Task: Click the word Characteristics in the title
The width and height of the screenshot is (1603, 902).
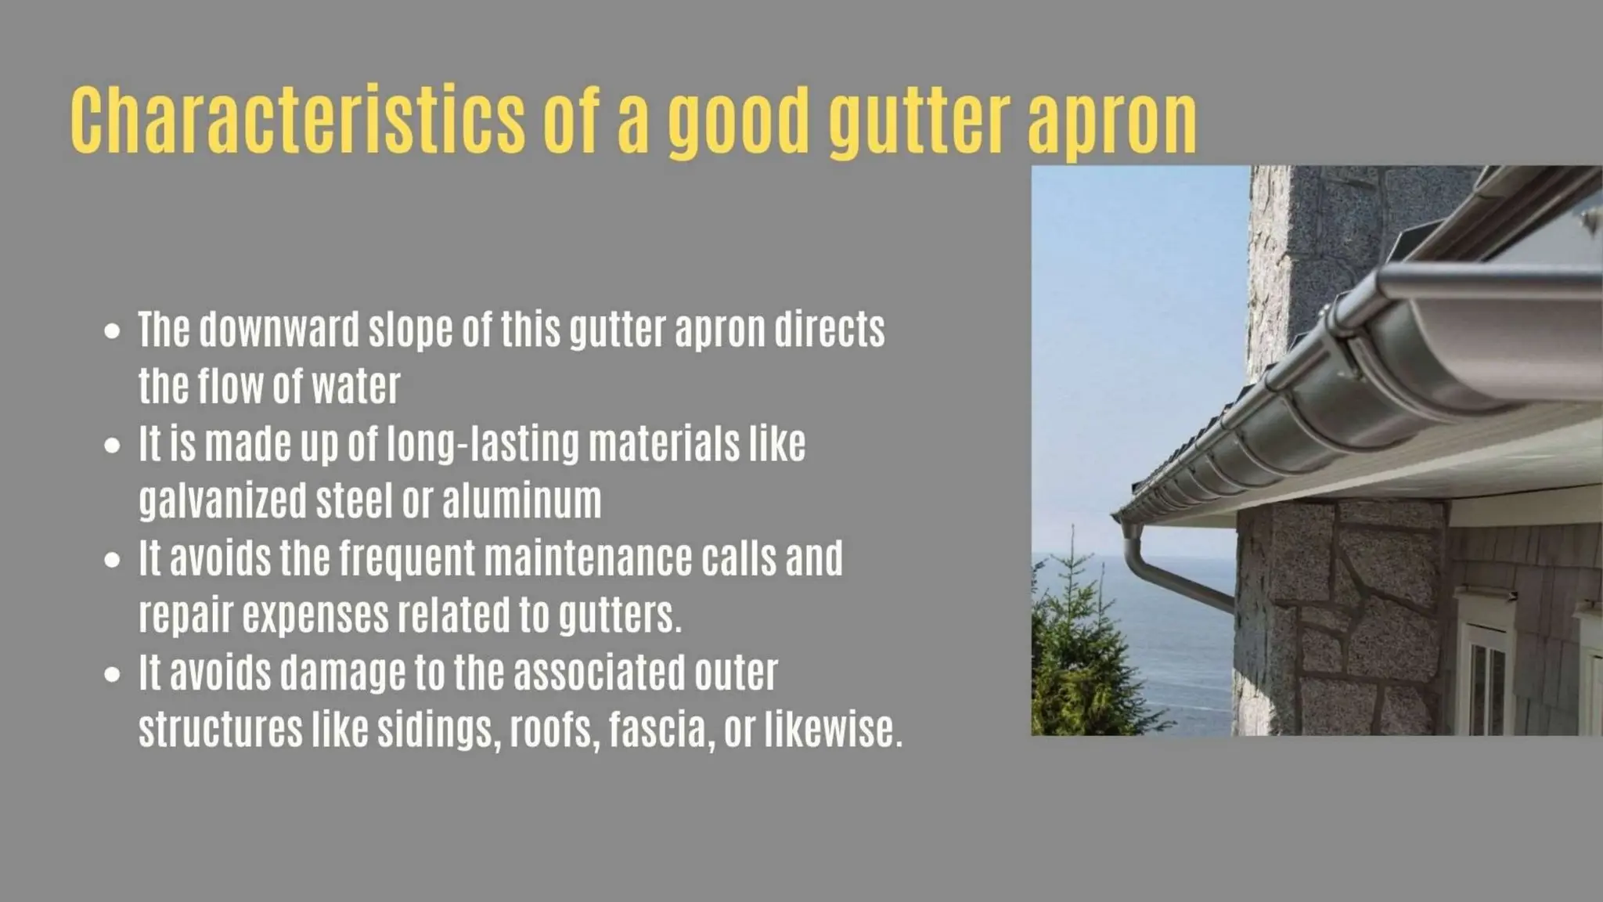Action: (x=297, y=120)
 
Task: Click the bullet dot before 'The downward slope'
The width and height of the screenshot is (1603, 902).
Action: (x=113, y=330)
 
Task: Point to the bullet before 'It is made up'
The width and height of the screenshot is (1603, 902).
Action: (x=113, y=446)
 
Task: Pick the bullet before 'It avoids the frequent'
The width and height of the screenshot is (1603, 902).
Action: (x=113, y=560)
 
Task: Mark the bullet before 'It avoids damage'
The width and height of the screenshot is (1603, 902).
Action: (x=113, y=674)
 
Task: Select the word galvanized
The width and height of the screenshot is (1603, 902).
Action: (x=222, y=501)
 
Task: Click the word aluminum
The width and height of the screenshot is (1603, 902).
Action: (x=522, y=500)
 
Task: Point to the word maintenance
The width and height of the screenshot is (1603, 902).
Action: (x=588, y=558)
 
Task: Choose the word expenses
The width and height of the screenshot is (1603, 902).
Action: (x=315, y=616)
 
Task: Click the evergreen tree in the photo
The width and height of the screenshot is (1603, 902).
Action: (x=1080, y=658)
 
